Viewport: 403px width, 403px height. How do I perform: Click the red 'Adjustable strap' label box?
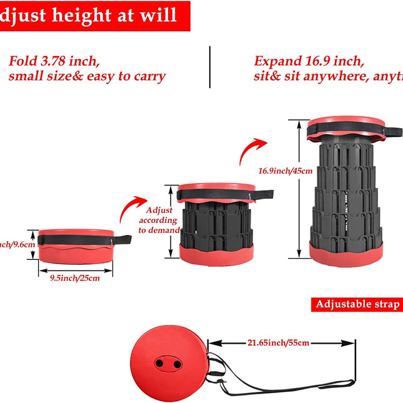click(357, 304)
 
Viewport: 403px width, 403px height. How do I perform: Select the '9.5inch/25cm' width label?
click(75, 278)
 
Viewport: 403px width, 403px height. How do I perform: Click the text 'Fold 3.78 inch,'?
click(54, 61)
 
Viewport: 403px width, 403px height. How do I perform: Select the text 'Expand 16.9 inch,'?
click(308, 61)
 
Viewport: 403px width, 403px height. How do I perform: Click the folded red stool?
click(76, 246)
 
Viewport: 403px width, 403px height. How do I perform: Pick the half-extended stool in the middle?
click(216, 221)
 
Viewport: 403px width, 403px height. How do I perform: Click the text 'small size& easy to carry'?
click(87, 77)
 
